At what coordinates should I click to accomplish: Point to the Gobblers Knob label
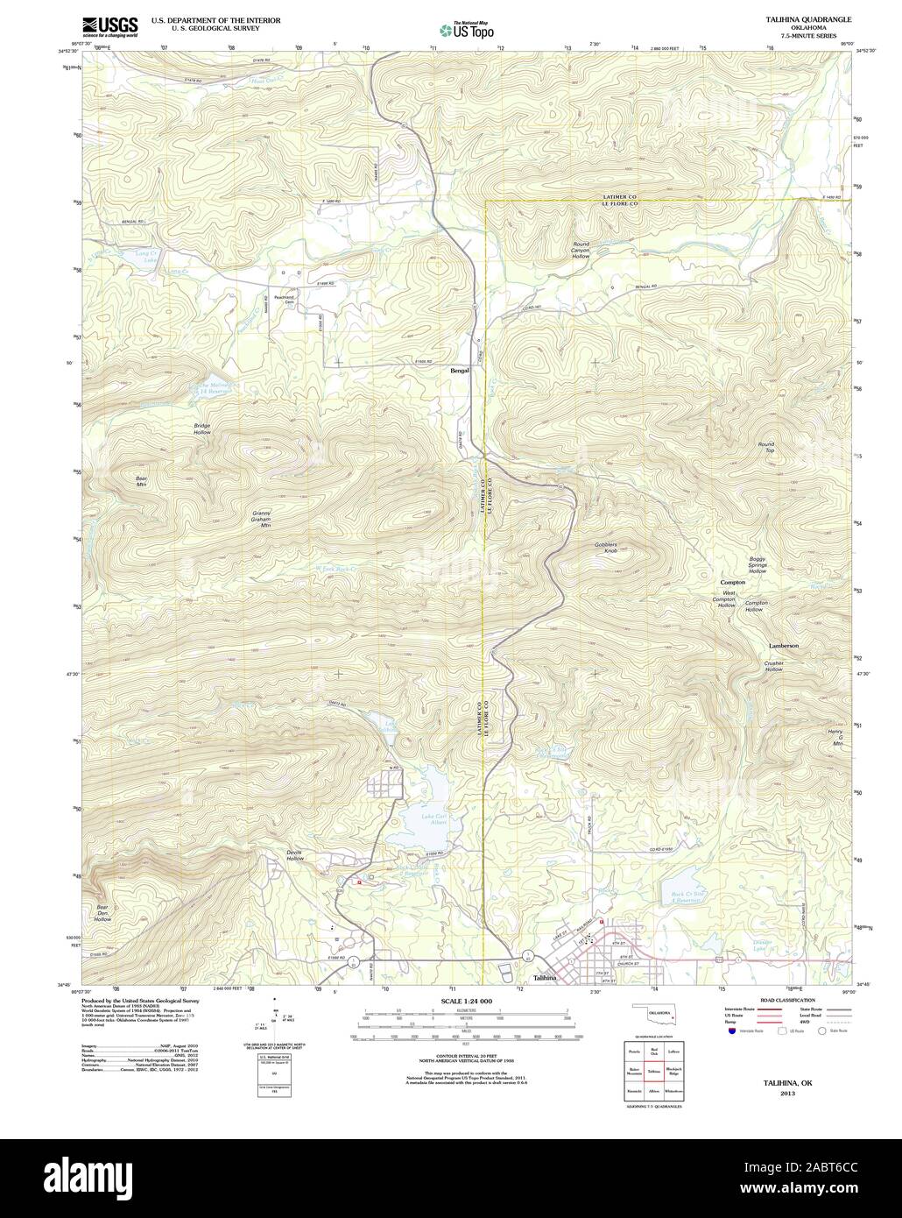click(605, 548)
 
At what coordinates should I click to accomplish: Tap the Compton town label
click(732, 583)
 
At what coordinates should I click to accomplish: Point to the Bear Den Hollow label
click(102, 913)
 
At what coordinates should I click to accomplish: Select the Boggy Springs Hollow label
click(758, 565)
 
